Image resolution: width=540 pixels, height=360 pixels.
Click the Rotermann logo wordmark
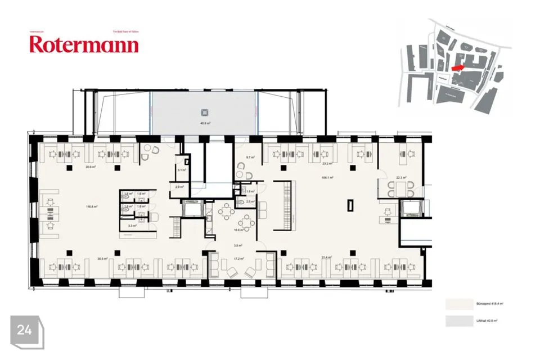point(83,44)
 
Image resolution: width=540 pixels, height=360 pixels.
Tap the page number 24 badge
point(24,330)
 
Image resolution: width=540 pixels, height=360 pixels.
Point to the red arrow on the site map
point(458,66)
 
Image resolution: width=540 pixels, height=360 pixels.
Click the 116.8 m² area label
point(92,206)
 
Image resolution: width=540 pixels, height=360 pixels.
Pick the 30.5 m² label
point(102,259)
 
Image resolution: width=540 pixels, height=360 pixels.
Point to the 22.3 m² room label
point(401,178)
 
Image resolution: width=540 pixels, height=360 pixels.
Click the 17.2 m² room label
point(238,259)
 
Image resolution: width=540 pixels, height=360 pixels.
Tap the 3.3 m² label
point(130,226)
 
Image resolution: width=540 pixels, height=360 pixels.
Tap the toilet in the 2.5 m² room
point(241,201)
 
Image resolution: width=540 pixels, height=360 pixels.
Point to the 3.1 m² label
point(181,170)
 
